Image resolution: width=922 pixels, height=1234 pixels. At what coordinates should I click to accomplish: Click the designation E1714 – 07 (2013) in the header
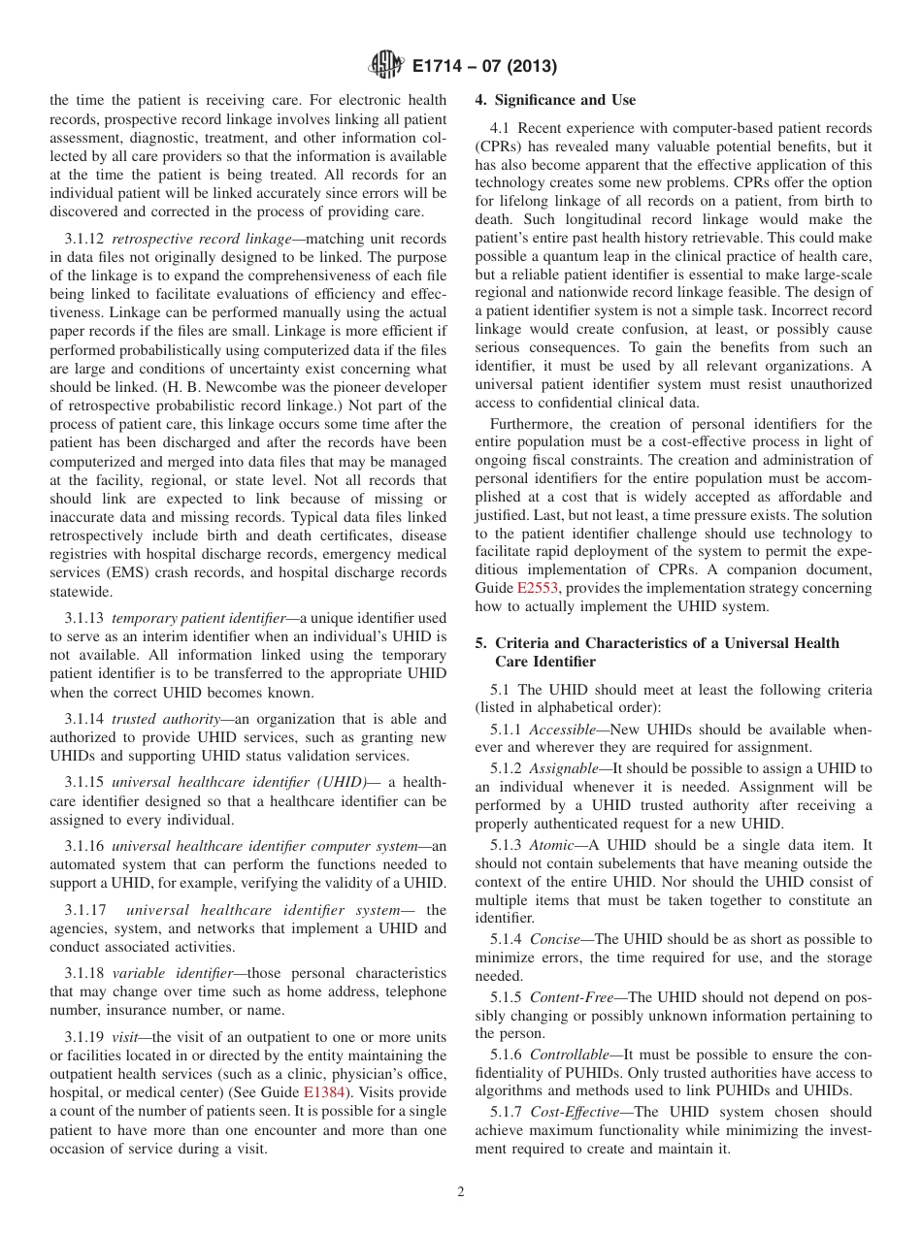pos(477,67)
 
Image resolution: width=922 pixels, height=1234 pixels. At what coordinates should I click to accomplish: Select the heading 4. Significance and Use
pos(555,100)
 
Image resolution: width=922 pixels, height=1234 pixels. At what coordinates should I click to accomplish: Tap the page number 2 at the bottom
pos(461,1192)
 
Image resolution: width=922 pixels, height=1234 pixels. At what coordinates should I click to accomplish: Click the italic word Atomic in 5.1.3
pos(551,845)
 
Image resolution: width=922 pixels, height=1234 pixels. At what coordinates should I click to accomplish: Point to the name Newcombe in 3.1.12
pos(248,387)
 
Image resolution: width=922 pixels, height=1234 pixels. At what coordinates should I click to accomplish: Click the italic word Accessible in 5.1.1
pos(564,729)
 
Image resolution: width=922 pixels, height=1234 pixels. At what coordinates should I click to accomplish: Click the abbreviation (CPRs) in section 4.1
pos(503,146)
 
